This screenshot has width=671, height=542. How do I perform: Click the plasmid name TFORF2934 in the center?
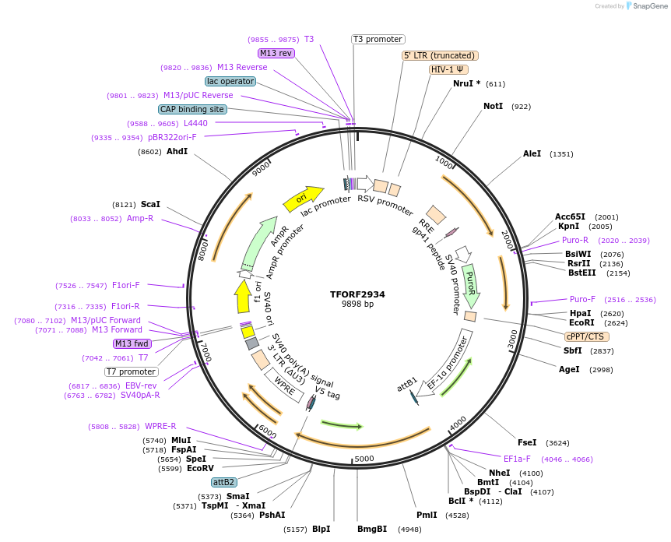(x=357, y=294)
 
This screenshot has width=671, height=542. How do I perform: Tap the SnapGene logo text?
(x=648, y=6)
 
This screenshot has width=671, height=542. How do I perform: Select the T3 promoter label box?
(x=378, y=39)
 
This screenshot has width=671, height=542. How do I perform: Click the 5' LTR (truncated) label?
(x=440, y=55)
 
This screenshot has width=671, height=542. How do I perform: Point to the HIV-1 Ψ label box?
(x=448, y=69)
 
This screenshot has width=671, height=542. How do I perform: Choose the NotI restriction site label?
(x=493, y=106)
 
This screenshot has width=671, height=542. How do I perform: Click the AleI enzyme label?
(x=532, y=154)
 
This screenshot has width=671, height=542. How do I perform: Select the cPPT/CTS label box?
(x=587, y=336)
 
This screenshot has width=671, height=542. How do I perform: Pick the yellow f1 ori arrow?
(x=243, y=297)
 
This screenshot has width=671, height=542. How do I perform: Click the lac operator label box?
(x=230, y=81)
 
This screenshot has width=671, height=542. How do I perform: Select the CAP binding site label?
(x=192, y=110)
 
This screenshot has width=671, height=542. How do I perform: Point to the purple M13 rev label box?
(x=276, y=53)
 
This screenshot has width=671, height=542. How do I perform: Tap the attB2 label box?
(x=224, y=483)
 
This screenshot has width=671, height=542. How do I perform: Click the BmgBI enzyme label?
(x=372, y=530)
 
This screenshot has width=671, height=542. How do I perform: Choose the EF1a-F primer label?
(x=517, y=459)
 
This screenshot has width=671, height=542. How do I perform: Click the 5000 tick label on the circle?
(x=364, y=459)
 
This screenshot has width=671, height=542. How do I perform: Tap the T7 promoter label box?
(x=132, y=371)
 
